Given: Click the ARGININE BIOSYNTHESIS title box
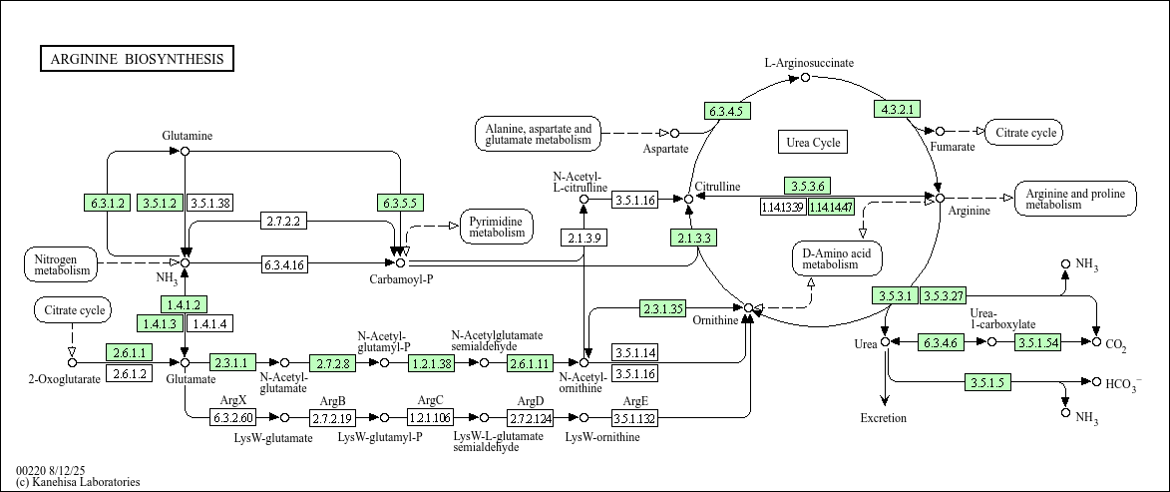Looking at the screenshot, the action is (138, 59).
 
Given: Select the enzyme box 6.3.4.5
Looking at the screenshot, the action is (727, 111).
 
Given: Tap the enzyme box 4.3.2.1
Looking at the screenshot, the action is (897, 109).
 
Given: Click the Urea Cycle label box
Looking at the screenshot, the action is (813, 142).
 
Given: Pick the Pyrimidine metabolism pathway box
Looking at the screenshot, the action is (498, 227).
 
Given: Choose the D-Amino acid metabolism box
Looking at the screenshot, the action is (837, 258).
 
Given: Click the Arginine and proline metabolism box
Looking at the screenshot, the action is (1075, 199).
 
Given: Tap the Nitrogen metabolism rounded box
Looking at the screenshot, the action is (61, 263).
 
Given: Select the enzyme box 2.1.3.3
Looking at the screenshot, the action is (694, 239).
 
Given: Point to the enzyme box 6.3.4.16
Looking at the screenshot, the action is (284, 263).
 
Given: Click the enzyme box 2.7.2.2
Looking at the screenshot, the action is (284, 221).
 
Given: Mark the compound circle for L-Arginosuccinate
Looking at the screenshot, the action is (805, 78).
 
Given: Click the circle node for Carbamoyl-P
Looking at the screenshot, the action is (401, 262).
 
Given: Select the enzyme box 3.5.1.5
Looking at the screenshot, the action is (987, 383).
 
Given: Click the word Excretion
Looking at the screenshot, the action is (884, 418).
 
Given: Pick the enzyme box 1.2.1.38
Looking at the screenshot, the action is (432, 363).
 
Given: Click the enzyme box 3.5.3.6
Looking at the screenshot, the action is (808, 186).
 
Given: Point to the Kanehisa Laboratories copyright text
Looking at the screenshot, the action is (78, 482).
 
